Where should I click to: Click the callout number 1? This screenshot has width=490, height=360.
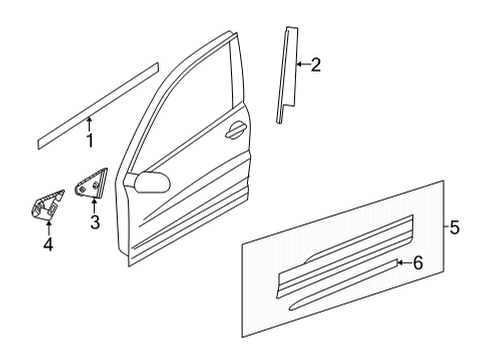pyautogui.click(x=90, y=140)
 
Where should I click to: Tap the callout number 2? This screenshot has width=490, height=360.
pyautogui.click(x=315, y=65)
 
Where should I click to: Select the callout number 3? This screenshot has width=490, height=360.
pyautogui.click(x=95, y=222)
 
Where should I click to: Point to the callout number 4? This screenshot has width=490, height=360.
pyautogui.click(x=48, y=245)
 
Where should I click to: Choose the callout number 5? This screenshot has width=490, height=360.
pyautogui.click(x=454, y=227)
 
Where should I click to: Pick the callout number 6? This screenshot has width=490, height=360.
pyautogui.click(x=418, y=263)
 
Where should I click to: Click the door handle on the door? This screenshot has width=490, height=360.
pyautogui.click(x=236, y=129)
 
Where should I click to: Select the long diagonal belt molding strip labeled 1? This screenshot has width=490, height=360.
pyautogui.click(x=98, y=106)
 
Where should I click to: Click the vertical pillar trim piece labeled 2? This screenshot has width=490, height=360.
pyautogui.click(x=287, y=75)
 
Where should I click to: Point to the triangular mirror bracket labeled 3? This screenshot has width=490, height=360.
pyautogui.click(x=91, y=183)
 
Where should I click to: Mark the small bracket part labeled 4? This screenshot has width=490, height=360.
pyautogui.click(x=48, y=205)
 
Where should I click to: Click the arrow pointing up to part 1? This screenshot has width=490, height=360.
pyautogui.click(x=89, y=124)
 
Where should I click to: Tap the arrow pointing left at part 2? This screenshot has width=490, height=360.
pyautogui.click(x=303, y=64)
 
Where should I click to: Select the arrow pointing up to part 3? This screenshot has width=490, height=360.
pyautogui.click(x=94, y=206)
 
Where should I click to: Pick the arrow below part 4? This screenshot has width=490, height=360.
pyautogui.click(x=49, y=229)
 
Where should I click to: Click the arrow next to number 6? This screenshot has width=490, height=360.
pyautogui.click(x=404, y=263)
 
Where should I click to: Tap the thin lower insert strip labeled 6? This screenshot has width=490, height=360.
pyautogui.click(x=343, y=284)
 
